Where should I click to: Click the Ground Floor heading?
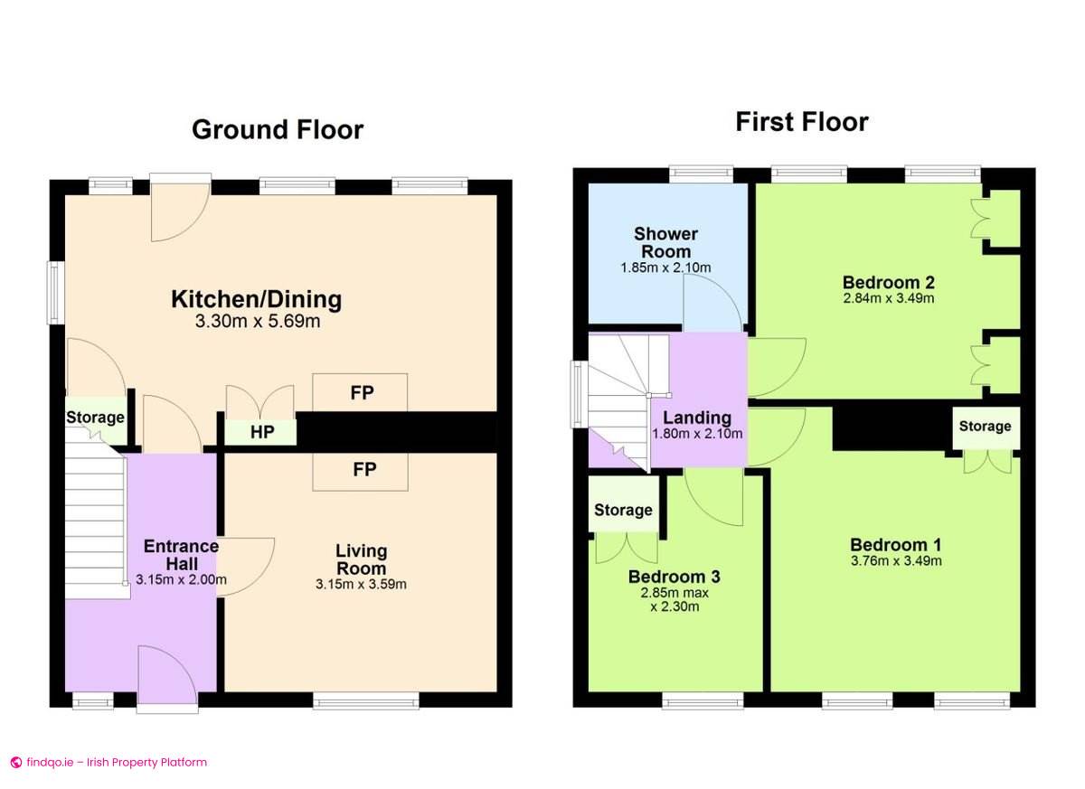(x=277, y=130)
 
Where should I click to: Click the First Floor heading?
(x=801, y=122)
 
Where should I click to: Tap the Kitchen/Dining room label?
(x=257, y=299)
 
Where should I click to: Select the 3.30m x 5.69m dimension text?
(x=257, y=321)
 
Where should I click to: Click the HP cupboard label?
(x=262, y=433)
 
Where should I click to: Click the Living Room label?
(x=361, y=559)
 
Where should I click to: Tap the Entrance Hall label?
(x=181, y=555)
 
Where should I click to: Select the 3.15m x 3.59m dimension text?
(x=361, y=584)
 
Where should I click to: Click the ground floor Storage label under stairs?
(x=95, y=418)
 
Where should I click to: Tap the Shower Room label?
(x=665, y=242)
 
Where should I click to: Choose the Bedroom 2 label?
(x=887, y=280)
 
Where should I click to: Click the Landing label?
(x=697, y=418)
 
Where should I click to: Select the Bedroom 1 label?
(x=895, y=545)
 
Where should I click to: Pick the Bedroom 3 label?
(x=674, y=577)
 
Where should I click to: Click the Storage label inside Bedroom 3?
(x=623, y=510)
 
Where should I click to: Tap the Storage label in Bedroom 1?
(x=985, y=426)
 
